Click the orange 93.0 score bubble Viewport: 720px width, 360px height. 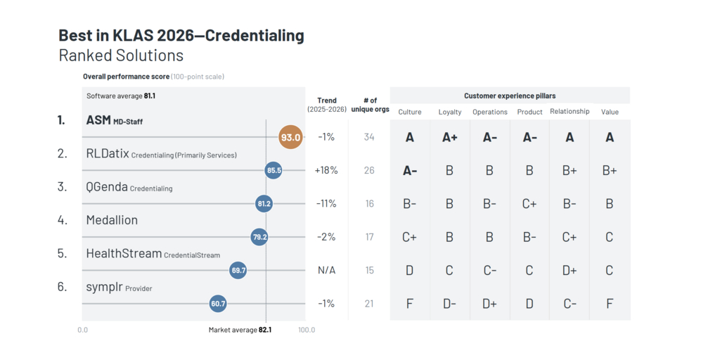pos(290,137)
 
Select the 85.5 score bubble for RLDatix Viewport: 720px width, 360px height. pos(274,170)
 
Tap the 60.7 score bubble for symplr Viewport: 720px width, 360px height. pos(218,304)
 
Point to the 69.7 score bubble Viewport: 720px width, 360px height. pos(238,270)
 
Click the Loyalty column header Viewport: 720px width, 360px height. pos(450,112)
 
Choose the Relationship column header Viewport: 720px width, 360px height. pos(570,112)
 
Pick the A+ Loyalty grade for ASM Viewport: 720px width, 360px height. pos(450,138)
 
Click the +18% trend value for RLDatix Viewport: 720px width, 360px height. pos(326,170)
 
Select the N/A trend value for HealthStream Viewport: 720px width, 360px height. pos(326,271)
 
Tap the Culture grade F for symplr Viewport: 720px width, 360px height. pos(410,304)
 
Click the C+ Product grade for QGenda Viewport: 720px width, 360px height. pos(529,204)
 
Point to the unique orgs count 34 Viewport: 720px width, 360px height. pos(369,137)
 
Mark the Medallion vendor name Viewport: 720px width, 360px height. pos(112,220)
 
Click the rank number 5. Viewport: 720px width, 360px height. pos(62,254)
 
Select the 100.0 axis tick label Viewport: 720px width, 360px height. pos(306,330)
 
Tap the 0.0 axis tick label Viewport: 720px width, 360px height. pos(83,330)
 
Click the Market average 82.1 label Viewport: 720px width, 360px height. pos(240,330)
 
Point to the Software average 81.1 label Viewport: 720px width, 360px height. pos(121,96)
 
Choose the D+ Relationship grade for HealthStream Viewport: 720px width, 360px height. pos(570,271)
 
